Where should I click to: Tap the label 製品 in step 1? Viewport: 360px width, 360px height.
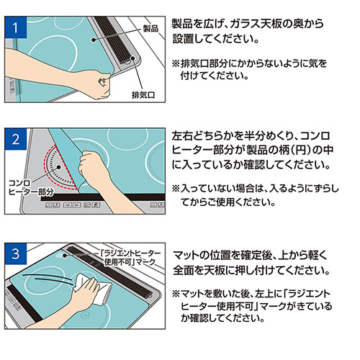point(150,28)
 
